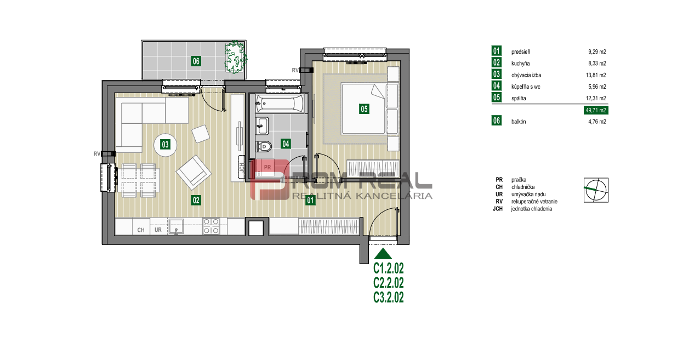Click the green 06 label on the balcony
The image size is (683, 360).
point(196,61)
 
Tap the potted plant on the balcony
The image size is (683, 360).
point(235,57)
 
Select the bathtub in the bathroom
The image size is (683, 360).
point(280,104)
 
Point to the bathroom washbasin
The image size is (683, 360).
point(262,125)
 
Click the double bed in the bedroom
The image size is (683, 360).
point(363,109)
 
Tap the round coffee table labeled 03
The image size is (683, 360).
point(165,145)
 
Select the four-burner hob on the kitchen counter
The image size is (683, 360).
point(211,226)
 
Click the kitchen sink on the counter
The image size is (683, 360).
point(176,226)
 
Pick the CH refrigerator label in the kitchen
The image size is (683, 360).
point(141,230)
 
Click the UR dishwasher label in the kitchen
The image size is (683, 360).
point(158,230)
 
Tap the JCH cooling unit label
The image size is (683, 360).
point(242,168)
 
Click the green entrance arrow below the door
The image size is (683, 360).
point(383,254)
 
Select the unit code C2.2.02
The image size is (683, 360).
point(389,283)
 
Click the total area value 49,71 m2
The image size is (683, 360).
point(596,110)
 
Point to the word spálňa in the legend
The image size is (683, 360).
point(519,98)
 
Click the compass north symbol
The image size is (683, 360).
point(596,190)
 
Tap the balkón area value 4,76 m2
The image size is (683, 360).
point(597,122)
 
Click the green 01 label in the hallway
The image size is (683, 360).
point(310,200)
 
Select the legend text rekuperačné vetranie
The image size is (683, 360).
point(534,202)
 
